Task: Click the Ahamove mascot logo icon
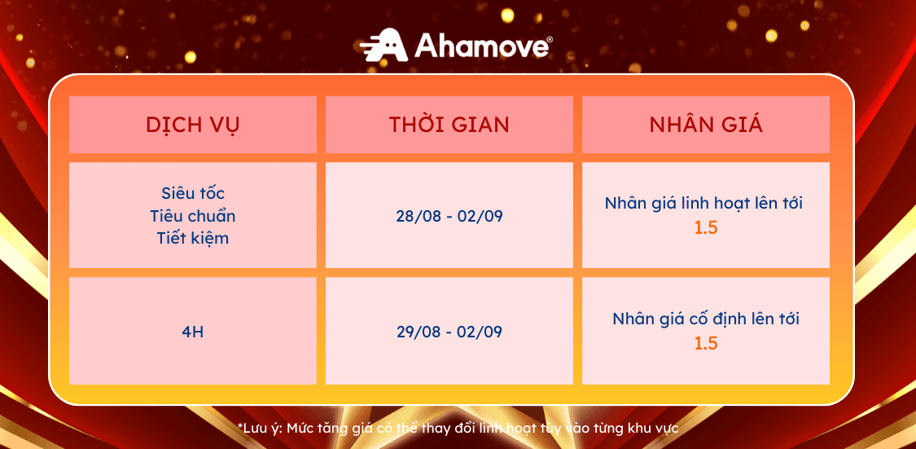point(383,45)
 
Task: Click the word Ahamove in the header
point(480,46)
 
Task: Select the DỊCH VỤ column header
point(193,125)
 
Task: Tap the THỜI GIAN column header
point(449,125)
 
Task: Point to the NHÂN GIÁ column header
point(706,125)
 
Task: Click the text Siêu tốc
point(193,193)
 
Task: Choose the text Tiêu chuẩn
point(193,216)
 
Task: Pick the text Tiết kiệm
point(193,238)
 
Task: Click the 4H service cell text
point(193,332)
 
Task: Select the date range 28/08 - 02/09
point(449,216)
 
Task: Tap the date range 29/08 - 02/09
point(449,332)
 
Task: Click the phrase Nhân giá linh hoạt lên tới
point(706,204)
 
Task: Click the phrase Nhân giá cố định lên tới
point(706,319)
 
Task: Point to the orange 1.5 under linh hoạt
point(706,228)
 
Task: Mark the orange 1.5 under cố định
point(706,343)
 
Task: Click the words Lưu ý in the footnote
point(261,429)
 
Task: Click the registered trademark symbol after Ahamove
point(549,39)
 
